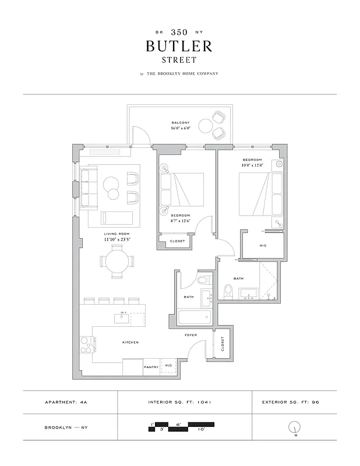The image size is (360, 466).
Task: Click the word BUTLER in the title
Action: coord(179,46)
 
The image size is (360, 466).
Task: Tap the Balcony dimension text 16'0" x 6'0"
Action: coord(180,128)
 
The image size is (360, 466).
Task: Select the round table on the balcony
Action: coord(206,125)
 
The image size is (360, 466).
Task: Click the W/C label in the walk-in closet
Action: coord(263,245)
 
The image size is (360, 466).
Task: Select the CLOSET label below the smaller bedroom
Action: coord(177,241)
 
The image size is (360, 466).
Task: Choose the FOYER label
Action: coord(190,336)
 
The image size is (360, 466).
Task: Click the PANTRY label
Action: coord(151,367)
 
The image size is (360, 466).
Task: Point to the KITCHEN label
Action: coord(130,343)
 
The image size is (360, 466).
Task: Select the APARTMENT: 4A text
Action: coord(66,402)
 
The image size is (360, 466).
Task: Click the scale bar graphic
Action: coord(174,427)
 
